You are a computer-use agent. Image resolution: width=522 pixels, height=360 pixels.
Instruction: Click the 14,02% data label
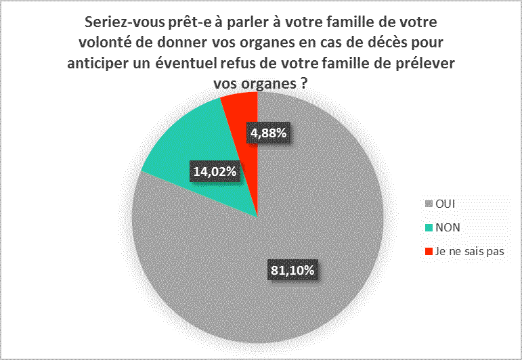pyautogui.click(x=215, y=172)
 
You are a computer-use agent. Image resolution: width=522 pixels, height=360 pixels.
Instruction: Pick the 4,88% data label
pyautogui.click(x=269, y=133)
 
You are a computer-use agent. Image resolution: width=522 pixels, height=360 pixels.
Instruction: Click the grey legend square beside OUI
pyautogui.click(x=427, y=203)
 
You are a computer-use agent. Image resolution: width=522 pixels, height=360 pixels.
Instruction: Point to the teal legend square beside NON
pyautogui.click(x=427, y=227)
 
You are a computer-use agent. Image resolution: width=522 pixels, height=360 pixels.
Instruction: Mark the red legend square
pyautogui.click(x=427, y=251)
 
